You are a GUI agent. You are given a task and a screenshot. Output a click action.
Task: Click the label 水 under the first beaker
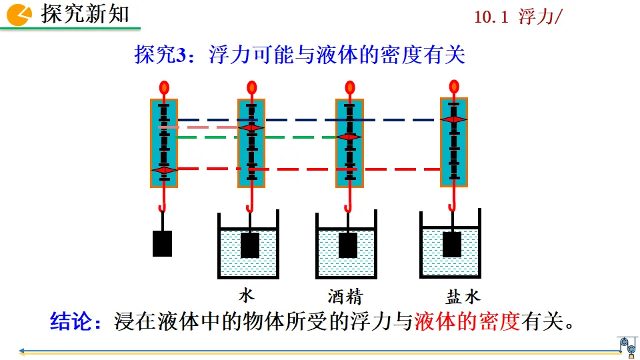tap(247, 295)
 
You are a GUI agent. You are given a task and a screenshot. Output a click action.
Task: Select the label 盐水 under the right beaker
tap(463, 296)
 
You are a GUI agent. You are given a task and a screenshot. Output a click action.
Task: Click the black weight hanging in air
tap(162, 243)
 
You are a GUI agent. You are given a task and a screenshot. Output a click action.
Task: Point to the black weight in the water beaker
tap(250, 245)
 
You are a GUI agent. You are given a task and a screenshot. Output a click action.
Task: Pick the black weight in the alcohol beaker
tap(348, 245)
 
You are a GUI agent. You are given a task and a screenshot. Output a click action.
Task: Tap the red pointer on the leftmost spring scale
tap(164, 171)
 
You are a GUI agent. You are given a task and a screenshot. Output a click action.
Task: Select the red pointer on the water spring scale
tap(251, 127)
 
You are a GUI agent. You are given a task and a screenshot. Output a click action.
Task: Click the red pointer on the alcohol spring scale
tap(349, 137)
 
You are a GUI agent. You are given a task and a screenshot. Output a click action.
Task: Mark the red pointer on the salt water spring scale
tap(454, 119)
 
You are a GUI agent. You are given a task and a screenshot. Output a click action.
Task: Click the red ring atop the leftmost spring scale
tap(164, 87)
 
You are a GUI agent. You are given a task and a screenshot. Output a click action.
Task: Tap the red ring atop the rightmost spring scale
tap(454, 86)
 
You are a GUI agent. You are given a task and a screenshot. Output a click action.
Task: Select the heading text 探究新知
tap(85, 14)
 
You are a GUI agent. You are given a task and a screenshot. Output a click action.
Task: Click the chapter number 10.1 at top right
tap(492, 18)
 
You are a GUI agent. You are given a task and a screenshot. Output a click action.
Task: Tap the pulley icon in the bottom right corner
tap(627, 345)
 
